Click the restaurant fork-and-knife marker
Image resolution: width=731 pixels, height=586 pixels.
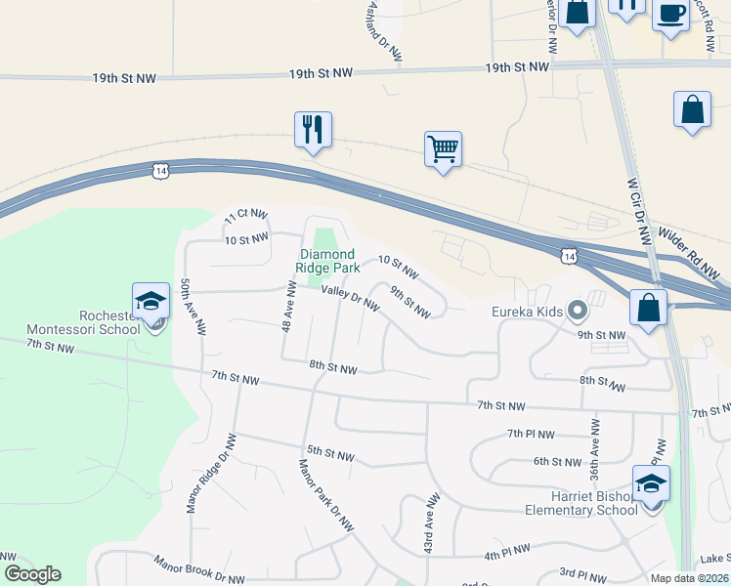click(313, 129)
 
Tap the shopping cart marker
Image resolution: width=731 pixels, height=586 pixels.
click(443, 149)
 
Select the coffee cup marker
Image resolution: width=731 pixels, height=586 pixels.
click(670, 15)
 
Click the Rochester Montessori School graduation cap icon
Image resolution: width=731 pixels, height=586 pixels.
click(151, 301)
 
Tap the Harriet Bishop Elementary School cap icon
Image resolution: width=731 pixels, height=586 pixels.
click(651, 484)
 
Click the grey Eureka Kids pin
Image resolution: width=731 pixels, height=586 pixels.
click(577, 313)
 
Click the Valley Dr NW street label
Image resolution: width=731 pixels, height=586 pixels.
click(350, 296)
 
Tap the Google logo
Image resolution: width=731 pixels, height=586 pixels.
click(32, 574)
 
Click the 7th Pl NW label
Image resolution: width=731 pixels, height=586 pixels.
click(531, 434)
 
